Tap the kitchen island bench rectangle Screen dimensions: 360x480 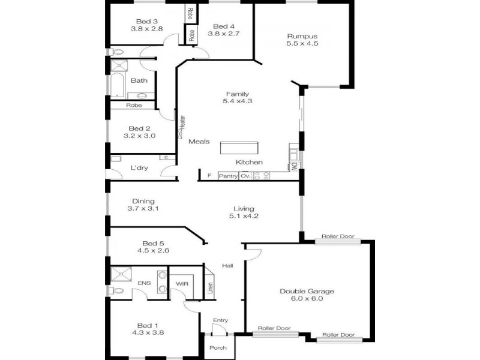(x=239, y=148)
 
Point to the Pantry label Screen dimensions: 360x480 (x=228, y=176)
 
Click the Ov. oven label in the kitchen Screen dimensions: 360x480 (x=245, y=176)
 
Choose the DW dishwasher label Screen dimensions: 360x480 (x=295, y=166)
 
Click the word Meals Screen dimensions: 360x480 (x=199, y=142)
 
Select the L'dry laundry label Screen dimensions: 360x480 (x=139, y=168)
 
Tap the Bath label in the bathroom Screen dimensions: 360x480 (x=139, y=80)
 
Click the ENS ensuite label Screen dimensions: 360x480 (x=144, y=283)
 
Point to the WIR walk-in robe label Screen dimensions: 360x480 (x=182, y=283)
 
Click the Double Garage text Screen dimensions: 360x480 (x=307, y=291)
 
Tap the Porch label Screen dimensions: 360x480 (x=217, y=348)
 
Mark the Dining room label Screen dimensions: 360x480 (x=142, y=201)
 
